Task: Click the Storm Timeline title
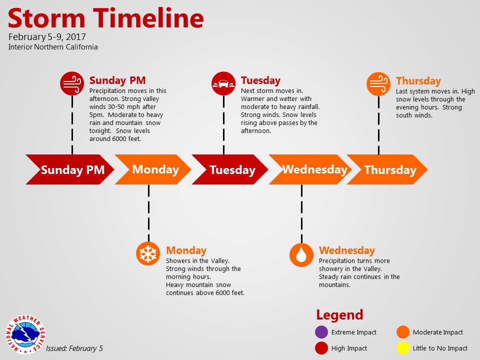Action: pyautogui.click(x=105, y=18)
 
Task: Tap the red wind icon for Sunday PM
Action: pyautogui.click(x=72, y=83)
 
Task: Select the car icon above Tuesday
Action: pyautogui.click(x=223, y=83)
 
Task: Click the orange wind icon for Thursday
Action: pyautogui.click(x=378, y=84)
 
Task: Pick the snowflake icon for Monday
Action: pyautogui.click(x=148, y=253)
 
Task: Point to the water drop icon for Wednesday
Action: pyautogui.click(x=301, y=254)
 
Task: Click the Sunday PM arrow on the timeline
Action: pyautogui.click(x=70, y=169)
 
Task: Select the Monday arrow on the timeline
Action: pyautogui.click(x=153, y=169)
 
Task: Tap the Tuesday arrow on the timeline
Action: pyautogui.click(x=230, y=169)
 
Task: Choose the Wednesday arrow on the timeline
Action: pyautogui.click(x=310, y=169)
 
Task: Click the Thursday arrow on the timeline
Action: pyautogui.click(x=387, y=169)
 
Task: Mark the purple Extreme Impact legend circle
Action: pyautogui.click(x=321, y=332)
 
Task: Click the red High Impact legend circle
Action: pyautogui.click(x=321, y=348)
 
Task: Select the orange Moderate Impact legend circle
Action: pyautogui.click(x=403, y=332)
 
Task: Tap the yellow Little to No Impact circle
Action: pyautogui.click(x=403, y=348)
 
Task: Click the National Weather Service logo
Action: pyautogui.click(x=25, y=334)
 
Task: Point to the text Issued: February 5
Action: pyautogui.click(x=74, y=348)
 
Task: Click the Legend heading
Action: pyautogui.click(x=339, y=314)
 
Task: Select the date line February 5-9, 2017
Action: pyautogui.click(x=47, y=36)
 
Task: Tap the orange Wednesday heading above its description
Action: pyautogui.click(x=347, y=250)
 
